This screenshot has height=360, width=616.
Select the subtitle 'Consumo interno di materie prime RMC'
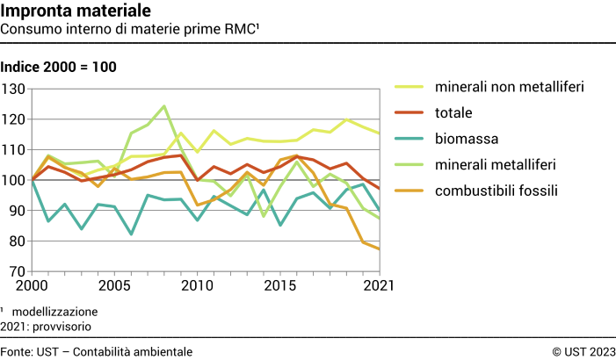pyautogui.click(x=131, y=29)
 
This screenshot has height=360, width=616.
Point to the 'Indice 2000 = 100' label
pyautogui.click(x=59, y=67)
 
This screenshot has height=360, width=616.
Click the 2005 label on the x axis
pyautogui.click(x=114, y=286)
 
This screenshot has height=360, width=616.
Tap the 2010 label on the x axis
pyautogui.click(x=198, y=286)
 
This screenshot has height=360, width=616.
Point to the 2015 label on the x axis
pyautogui.click(x=281, y=286)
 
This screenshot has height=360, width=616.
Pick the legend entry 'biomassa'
pyautogui.click(x=465, y=138)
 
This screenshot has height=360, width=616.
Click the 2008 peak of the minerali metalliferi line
pyautogui.click(x=164, y=106)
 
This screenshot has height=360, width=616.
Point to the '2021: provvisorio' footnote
pyautogui.click(x=46, y=326)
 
